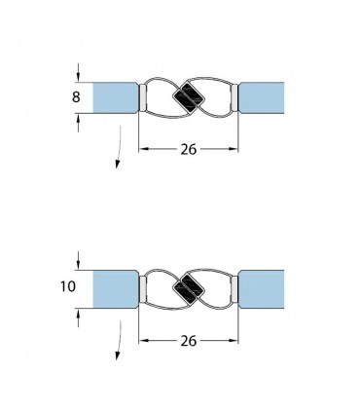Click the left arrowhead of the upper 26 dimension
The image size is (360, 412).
pyautogui.click(x=145, y=150)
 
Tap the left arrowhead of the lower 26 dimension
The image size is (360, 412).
pyautogui.click(x=145, y=342)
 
